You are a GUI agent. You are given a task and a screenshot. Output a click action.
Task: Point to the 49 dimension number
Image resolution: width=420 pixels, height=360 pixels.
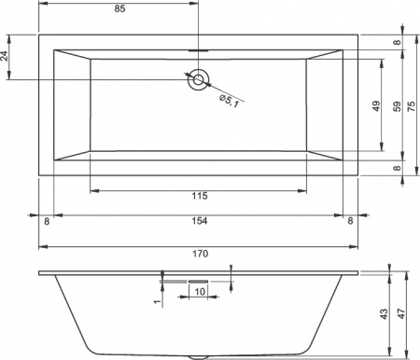click(375, 104)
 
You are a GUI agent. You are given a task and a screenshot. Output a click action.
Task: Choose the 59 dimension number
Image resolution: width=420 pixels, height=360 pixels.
click(397, 104)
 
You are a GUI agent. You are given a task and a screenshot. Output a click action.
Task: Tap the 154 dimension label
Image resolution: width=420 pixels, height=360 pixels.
click(198, 220)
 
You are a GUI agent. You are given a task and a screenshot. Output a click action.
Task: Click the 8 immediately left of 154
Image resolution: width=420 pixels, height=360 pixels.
click(46, 220)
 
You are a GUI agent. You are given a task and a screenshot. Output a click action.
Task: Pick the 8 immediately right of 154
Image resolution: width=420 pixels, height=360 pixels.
click(350, 220)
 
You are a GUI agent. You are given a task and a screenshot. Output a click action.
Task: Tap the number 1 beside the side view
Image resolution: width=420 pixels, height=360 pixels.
click(158, 299)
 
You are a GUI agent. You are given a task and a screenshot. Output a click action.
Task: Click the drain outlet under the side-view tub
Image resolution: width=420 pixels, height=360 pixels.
click(198, 356)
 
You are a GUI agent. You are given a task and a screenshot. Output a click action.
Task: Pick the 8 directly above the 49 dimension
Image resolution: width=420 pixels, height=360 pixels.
click(397, 43)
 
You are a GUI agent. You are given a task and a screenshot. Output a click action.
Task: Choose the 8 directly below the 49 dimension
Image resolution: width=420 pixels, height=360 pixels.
click(397, 168)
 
